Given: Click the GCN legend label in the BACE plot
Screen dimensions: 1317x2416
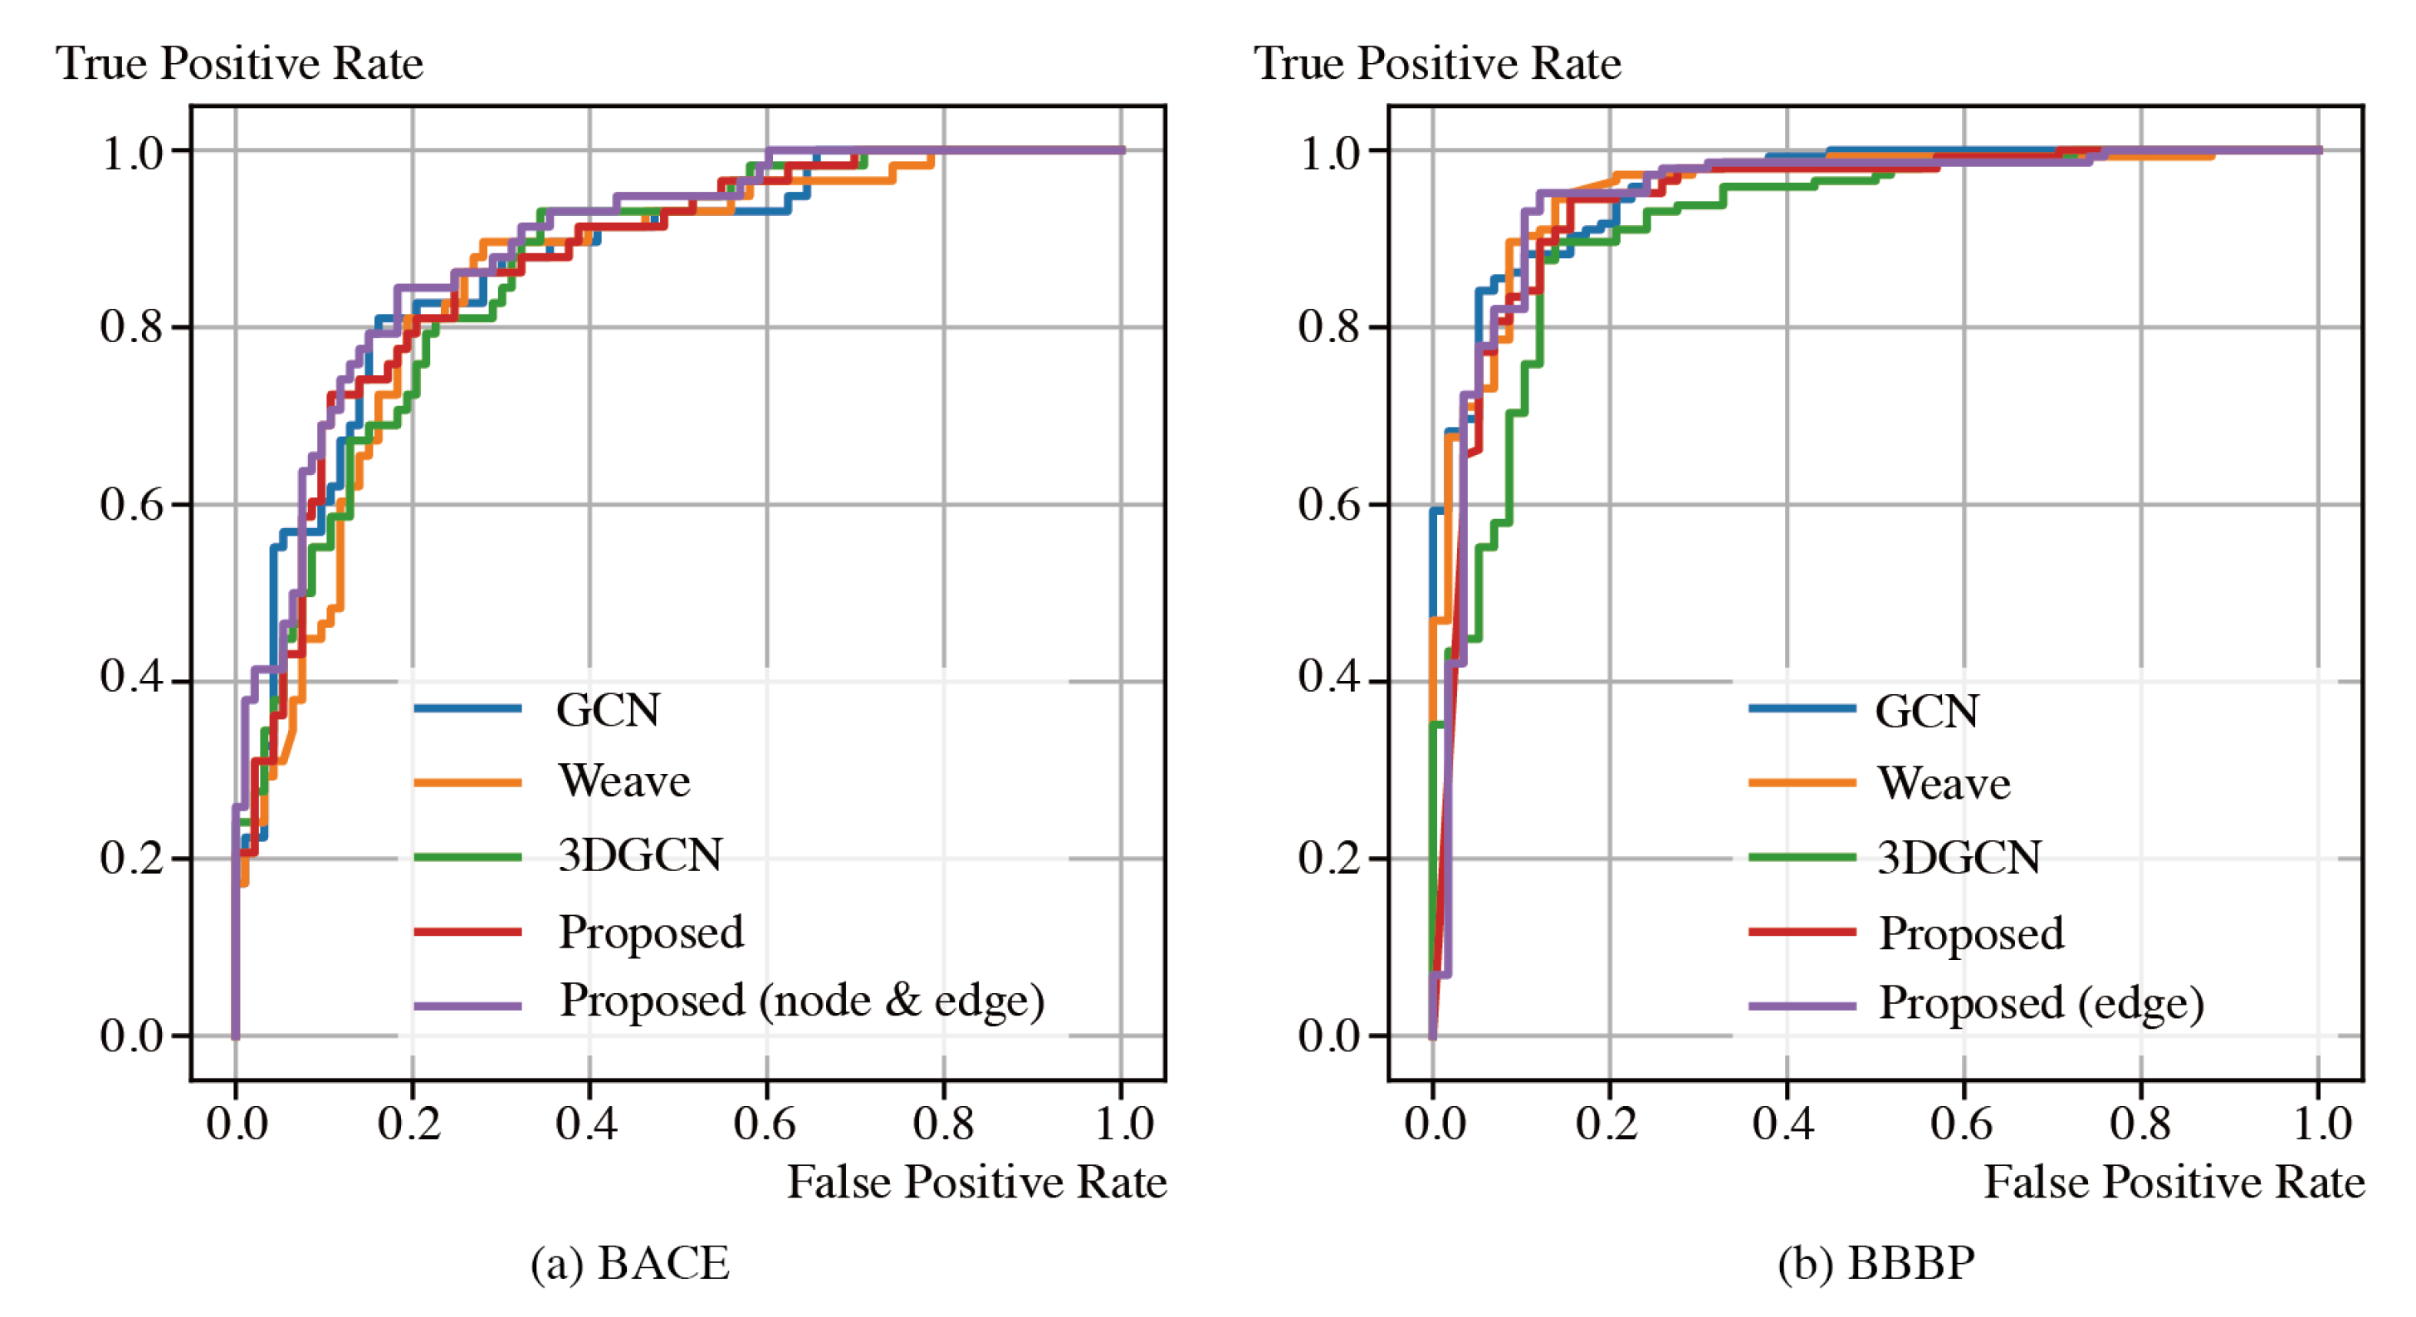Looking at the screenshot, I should [608, 710].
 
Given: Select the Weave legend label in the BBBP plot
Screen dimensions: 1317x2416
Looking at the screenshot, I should [1944, 783].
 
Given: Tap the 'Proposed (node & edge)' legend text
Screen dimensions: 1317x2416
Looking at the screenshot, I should [802, 1001].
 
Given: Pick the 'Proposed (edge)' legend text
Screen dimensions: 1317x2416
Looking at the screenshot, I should [2041, 1004].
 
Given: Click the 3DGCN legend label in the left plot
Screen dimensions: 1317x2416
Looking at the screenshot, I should [639, 855].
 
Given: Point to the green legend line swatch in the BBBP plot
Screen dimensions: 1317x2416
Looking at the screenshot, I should [1802, 857].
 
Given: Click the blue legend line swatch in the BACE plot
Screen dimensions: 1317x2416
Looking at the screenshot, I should [467, 709].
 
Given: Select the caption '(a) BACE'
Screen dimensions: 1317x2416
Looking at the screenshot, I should [629, 1264].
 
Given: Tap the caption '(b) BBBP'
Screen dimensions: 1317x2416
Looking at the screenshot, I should [1876, 1264].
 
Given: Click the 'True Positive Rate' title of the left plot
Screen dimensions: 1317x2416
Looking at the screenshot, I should [239, 64].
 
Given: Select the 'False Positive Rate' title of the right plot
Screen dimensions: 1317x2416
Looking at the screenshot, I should [2174, 1182].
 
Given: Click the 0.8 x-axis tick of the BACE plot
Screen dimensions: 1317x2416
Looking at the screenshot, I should [942, 1124].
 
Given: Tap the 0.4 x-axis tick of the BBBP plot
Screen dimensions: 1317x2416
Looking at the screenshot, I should [1784, 1124].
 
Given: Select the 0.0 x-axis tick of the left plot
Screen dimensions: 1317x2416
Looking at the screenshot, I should [237, 1124].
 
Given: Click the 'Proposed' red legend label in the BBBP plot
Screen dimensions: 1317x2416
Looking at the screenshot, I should [1972, 933].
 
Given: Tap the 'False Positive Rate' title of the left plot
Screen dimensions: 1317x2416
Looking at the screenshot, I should [976, 1182].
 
